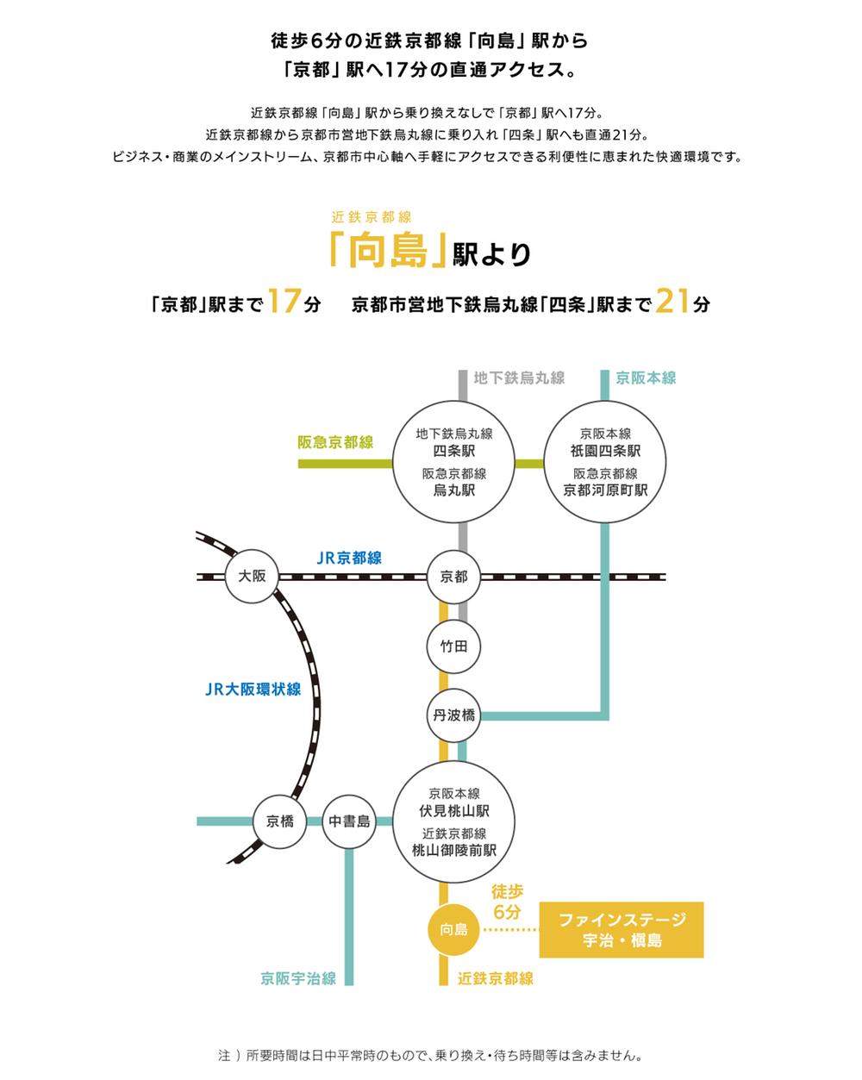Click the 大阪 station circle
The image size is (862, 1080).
click(x=252, y=577)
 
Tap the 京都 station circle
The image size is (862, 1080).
click(x=453, y=577)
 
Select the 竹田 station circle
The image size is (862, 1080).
click(x=453, y=646)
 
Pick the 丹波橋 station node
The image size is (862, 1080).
click(x=453, y=715)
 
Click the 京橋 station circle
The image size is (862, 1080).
click(x=279, y=821)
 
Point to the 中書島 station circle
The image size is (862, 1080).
click(x=349, y=821)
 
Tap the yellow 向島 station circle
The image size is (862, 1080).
click(x=453, y=929)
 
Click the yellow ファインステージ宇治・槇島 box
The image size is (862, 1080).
click(x=622, y=930)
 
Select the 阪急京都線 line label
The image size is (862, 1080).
click(x=335, y=442)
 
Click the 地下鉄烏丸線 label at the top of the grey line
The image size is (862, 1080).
click(x=519, y=378)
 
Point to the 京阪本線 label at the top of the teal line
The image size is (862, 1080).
click(x=646, y=378)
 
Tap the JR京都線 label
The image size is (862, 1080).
click(x=349, y=558)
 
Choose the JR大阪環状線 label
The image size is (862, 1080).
click(x=253, y=689)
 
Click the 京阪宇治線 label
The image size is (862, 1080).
click(x=298, y=978)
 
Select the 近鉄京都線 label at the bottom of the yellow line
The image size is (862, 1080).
click(x=496, y=978)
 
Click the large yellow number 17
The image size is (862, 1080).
click(x=283, y=303)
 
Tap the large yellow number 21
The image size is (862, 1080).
click(x=673, y=303)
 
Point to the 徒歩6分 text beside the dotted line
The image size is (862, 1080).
click(x=508, y=901)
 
